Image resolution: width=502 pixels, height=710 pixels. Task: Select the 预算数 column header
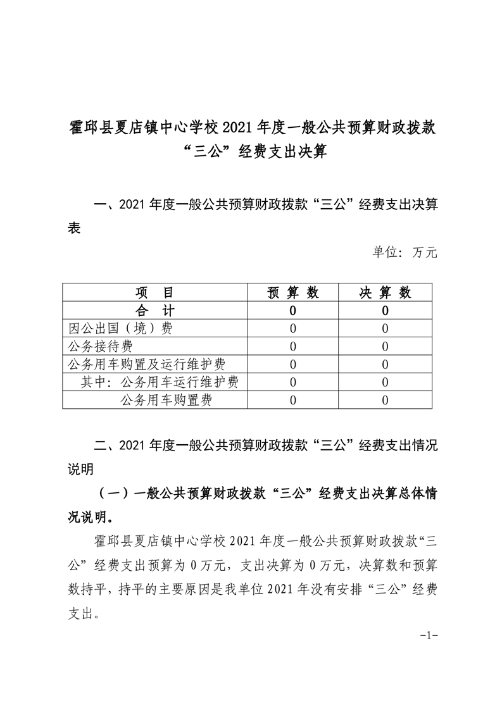tap(292, 292)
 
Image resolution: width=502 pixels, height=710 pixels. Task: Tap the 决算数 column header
tap(386, 292)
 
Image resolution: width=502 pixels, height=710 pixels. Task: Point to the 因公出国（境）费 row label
tap(120, 328)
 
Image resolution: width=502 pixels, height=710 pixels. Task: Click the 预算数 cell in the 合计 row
tap(292, 311)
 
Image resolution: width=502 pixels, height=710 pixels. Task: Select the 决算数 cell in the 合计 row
tap(386, 311)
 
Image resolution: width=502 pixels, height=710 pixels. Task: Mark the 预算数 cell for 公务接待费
tap(292, 346)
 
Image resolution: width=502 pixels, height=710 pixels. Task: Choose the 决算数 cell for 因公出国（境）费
tap(386, 328)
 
